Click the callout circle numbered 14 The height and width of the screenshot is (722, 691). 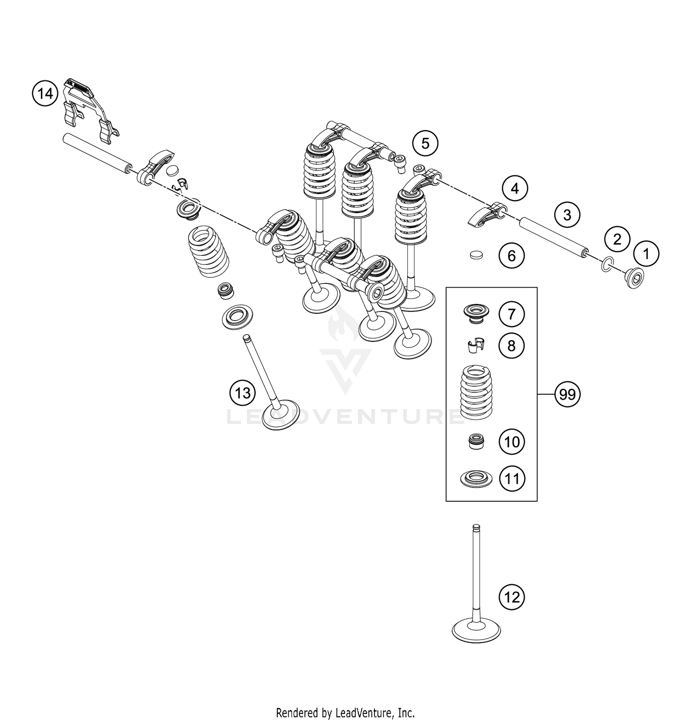point(45,94)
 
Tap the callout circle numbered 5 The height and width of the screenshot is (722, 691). point(425,143)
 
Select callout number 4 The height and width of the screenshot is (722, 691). point(515,188)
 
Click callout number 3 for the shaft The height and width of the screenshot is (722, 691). point(567,215)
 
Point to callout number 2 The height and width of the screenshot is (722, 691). point(617,239)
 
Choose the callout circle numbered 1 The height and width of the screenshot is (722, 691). point(646,254)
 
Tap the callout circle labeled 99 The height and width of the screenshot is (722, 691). point(568,395)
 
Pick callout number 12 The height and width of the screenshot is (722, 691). point(512,597)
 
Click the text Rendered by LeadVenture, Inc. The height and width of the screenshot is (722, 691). point(345,713)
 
